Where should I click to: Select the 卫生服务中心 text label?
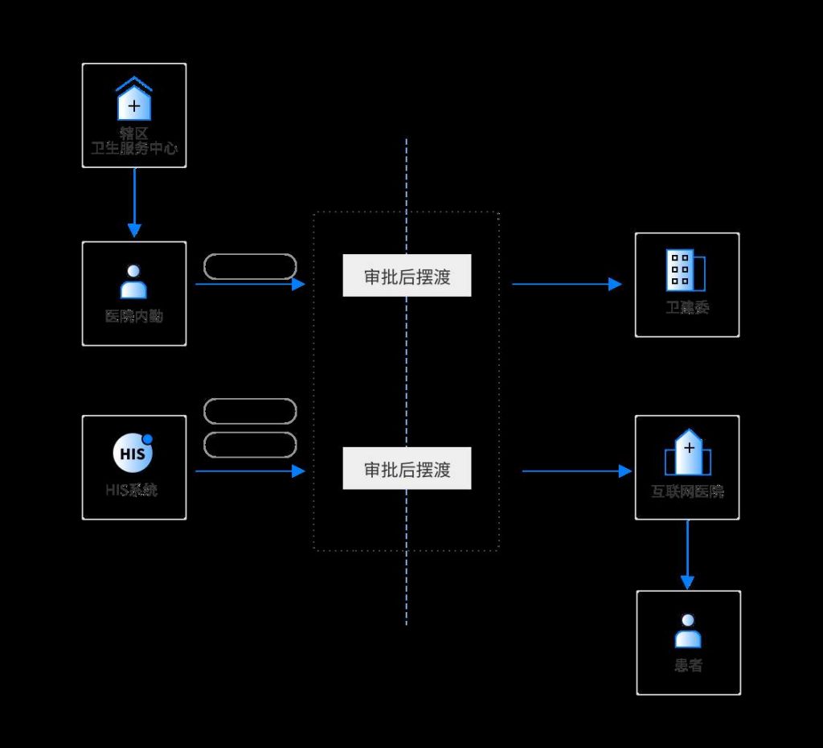coord(134,149)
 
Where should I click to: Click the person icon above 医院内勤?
coord(133,282)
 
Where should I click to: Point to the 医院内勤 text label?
coord(134,316)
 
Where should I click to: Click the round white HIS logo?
coord(132,454)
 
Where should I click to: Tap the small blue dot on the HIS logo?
coord(147,439)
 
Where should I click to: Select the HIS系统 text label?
coord(132,489)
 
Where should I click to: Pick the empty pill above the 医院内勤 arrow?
coord(250,266)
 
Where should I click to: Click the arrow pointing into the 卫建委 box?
coord(567,284)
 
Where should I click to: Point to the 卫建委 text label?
coord(687,307)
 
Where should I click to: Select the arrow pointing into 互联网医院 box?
coord(576,471)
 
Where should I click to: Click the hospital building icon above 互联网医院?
coord(688,453)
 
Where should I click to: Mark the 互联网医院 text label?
coord(687,491)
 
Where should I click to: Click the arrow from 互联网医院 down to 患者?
coord(687,555)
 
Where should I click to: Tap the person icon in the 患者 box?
coord(688,631)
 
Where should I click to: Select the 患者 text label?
coord(689,666)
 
